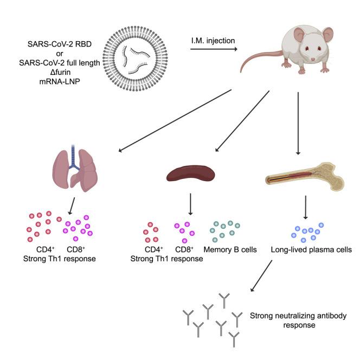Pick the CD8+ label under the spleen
point(184,250)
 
